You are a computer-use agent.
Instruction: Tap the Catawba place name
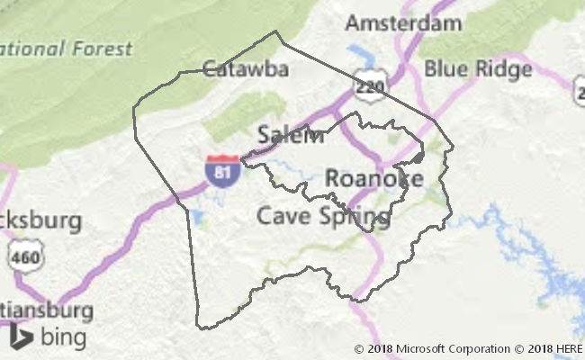pyautogui.click(x=232, y=68)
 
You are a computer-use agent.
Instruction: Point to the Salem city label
pyautogui.click(x=290, y=136)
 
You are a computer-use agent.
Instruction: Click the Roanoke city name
pyautogui.click(x=373, y=178)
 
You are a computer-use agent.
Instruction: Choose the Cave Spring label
pyautogui.click(x=323, y=216)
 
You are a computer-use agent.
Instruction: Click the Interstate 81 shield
pyautogui.click(x=221, y=171)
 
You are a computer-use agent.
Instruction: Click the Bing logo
pyautogui.click(x=49, y=337)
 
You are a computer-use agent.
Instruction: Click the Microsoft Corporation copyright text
pyautogui.click(x=432, y=349)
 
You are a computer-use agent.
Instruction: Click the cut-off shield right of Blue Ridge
pyautogui.click(x=579, y=88)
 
